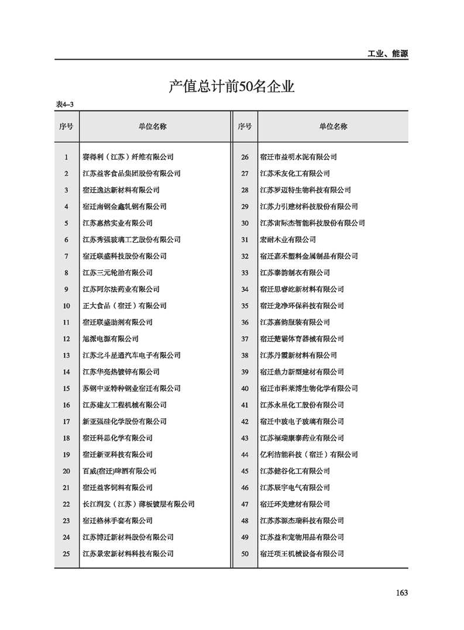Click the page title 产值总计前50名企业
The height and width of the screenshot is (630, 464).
[x=231, y=87]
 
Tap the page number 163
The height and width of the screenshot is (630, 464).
[x=401, y=593]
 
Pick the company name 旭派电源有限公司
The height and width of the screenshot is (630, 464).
[x=111, y=339]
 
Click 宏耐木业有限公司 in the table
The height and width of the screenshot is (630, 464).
[x=288, y=239]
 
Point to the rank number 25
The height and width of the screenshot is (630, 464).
[x=66, y=553]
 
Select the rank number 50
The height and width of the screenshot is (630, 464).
[x=245, y=553]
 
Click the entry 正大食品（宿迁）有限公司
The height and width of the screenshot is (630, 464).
[x=125, y=305]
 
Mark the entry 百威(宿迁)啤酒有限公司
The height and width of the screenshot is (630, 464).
[x=119, y=471]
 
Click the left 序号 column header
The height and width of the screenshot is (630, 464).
[x=66, y=126]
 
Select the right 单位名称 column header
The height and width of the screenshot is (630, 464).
[x=333, y=126]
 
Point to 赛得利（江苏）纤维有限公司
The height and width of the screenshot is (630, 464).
[x=128, y=157]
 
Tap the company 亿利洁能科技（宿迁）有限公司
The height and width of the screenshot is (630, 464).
[x=309, y=455]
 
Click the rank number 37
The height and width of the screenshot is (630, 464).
[x=245, y=339]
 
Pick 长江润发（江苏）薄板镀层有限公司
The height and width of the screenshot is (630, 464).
[x=139, y=504]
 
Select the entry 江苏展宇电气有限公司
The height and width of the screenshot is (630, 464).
[x=295, y=487]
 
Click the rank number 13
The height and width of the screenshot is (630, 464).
[x=66, y=355]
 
